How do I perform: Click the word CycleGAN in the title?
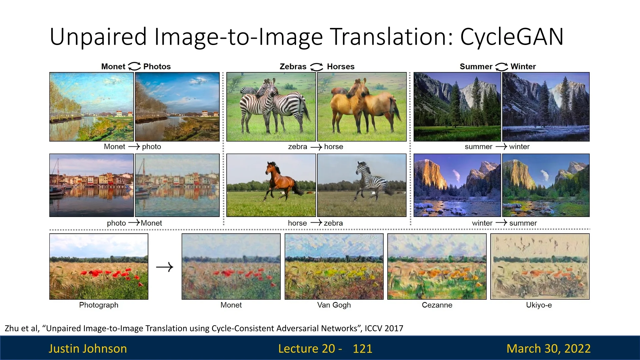click(x=512, y=37)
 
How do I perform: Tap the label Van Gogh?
click(x=334, y=305)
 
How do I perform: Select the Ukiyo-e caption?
click(x=539, y=305)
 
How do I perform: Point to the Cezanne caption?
click(x=437, y=305)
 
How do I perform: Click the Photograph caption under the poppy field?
click(x=99, y=305)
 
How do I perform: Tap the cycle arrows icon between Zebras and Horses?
click(x=317, y=67)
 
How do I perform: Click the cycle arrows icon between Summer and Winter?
click(x=502, y=67)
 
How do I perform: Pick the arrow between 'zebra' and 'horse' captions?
click(x=316, y=147)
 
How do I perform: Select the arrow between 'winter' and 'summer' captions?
click(x=501, y=223)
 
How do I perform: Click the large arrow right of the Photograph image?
click(x=165, y=267)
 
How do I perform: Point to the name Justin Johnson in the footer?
click(x=88, y=348)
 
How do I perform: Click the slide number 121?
click(x=362, y=348)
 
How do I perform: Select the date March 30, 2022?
click(x=548, y=348)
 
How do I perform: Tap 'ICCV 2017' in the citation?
click(x=384, y=328)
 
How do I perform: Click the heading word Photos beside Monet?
click(x=157, y=67)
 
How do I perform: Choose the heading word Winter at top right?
click(x=523, y=67)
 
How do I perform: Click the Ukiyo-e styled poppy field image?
click(x=540, y=266)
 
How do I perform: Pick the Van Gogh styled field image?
click(x=334, y=266)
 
